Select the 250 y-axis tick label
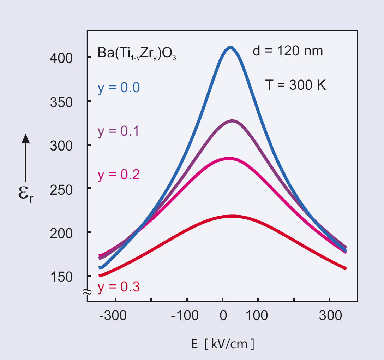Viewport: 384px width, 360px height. pyautogui.click(x=61, y=189)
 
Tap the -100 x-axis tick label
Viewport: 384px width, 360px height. pyautogui.click(x=184, y=315)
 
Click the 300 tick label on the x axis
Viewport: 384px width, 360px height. pyautogui.click(x=330, y=315)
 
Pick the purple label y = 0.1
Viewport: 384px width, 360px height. pyautogui.click(x=119, y=131)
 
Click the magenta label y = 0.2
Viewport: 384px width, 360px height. pyautogui.click(x=119, y=175)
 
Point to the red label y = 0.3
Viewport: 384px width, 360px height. pyautogui.click(x=119, y=287)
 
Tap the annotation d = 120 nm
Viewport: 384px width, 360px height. pyautogui.click(x=288, y=52)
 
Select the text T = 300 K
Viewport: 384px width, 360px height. pyautogui.click(x=295, y=85)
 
